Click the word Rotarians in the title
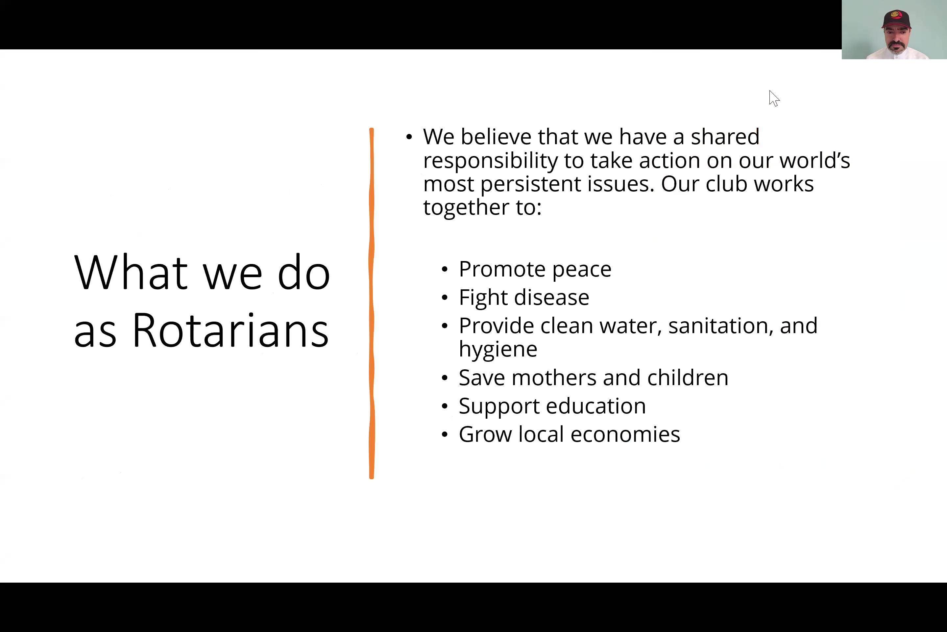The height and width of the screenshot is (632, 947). pyautogui.click(x=231, y=330)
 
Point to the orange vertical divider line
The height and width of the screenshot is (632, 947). pyautogui.click(x=371, y=303)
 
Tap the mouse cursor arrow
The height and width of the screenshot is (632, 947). pyautogui.click(x=774, y=98)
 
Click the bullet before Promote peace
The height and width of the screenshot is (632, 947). pyautogui.click(x=445, y=270)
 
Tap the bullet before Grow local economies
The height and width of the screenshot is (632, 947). pyautogui.click(x=445, y=434)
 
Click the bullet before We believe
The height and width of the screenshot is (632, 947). pyautogui.click(x=409, y=137)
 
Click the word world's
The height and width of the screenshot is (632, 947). pyautogui.click(x=814, y=160)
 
